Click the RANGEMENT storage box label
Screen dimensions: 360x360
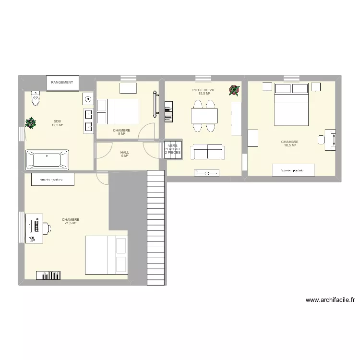[x=62, y=83]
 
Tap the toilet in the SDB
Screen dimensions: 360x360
[x=35, y=98]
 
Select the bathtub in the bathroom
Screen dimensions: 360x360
[x=47, y=159]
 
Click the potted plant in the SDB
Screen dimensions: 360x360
[x=31, y=123]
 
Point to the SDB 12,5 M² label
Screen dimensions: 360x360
[x=57, y=123]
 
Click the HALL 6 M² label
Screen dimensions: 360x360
[x=125, y=154]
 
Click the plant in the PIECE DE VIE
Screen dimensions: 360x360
[x=234, y=90]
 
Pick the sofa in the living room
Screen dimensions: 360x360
[x=208, y=151]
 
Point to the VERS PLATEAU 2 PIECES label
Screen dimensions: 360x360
[x=173, y=149]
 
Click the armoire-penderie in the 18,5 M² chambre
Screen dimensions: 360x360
[x=293, y=169]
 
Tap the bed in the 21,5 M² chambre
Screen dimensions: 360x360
[x=106, y=255]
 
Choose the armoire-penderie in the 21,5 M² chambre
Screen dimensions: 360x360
[x=53, y=180]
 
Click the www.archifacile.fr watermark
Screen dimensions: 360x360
[x=331, y=300]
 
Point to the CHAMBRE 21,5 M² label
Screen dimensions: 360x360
[x=71, y=221]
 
